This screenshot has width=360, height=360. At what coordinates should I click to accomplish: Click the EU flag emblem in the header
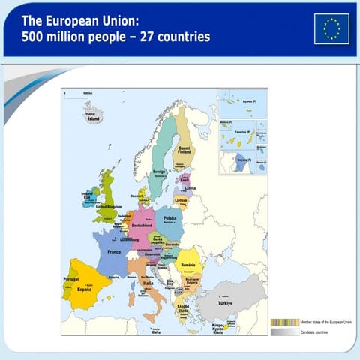click(x=331, y=28)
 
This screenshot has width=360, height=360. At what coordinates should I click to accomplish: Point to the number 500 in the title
click(x=34, y=36)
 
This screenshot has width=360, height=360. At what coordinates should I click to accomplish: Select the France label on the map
click(x=113, y=252)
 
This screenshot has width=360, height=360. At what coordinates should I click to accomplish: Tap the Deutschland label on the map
click(x=142, y=225)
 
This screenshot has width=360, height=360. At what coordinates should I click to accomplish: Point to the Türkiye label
click(x=225, y=303)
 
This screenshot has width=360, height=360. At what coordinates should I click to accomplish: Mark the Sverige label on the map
click(x=160, y=172)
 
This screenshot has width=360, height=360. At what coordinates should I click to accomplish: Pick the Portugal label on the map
click(x=71, y=279)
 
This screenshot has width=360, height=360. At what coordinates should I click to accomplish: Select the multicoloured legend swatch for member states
click(x=285, y=321)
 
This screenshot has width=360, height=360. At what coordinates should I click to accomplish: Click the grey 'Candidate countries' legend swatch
click(x=285, y=331)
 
